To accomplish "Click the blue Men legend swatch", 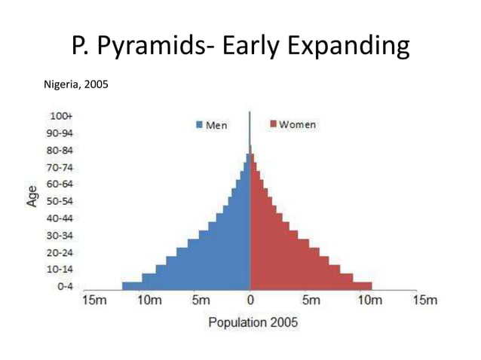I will tap(200, 125).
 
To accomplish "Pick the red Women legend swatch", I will tap(274, 124).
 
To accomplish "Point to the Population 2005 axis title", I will tap(253, 322).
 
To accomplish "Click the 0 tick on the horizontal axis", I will tap(251, 301).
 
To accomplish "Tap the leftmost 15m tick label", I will tap(94, 301).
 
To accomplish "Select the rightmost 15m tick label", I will tap(425, 301).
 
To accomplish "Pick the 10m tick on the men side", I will tap(149, 301).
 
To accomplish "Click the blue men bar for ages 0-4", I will tap(185, 285).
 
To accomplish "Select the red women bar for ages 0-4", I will tap(311, 285).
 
